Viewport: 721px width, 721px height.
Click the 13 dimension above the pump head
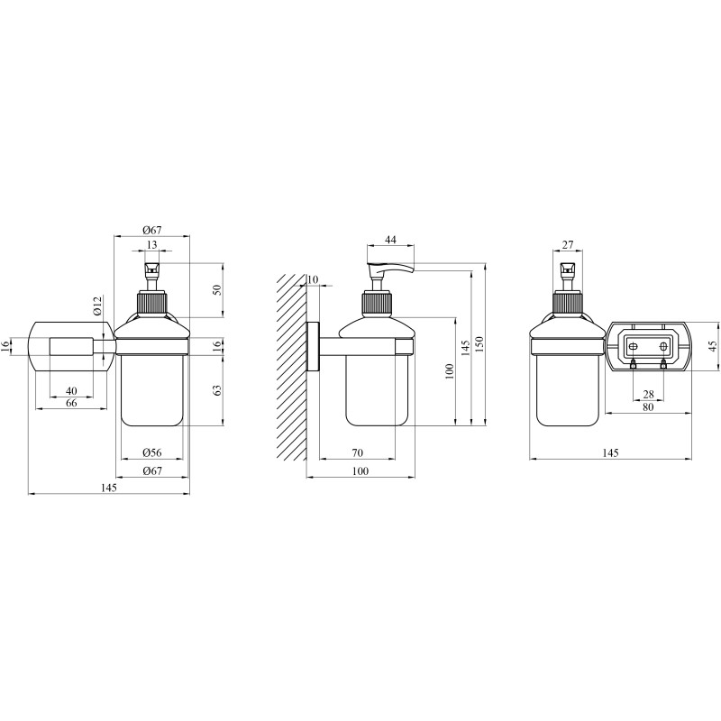[x=151, y=244]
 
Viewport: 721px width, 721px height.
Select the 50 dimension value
[x=217, y=289]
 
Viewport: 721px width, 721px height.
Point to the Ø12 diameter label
[x=97, y=306]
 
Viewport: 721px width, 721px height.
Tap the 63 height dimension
[x=217, y=390]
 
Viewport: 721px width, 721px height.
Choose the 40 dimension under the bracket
[x=71, y=391]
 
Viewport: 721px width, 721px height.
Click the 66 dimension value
[x=71, y=403]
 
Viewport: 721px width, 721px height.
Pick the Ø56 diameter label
[x=152, y=452]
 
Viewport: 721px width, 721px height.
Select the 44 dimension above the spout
[x=390, y=240]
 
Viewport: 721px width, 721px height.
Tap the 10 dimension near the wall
[x=312, y=279]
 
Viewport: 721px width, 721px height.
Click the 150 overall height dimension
[x=479, y=345]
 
